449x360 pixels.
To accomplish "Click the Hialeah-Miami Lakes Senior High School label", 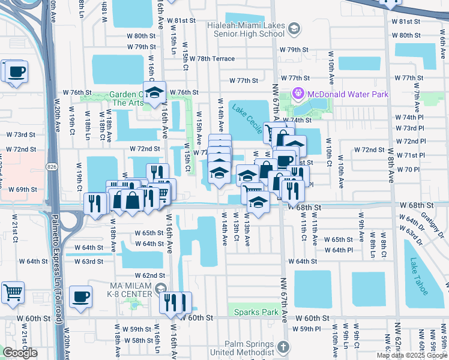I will point(249,29).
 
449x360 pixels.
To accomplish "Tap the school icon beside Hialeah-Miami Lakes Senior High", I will point(294,29).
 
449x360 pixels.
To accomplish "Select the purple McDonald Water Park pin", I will point(298,94).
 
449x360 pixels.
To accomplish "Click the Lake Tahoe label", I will point(419,276).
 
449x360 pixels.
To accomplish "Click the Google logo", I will point(20,353).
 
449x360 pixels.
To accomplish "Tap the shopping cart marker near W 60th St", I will point(13,293).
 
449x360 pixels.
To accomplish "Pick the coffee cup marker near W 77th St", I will point(16,72).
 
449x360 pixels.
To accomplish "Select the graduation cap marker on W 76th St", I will point(155,92).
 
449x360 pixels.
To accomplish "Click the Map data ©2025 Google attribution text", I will point(412,355).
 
